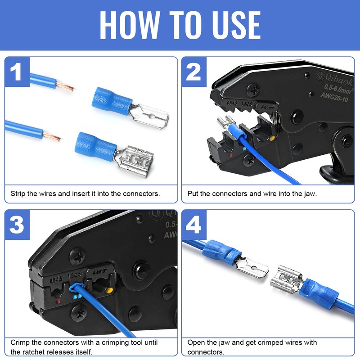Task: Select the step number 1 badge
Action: (17, 72)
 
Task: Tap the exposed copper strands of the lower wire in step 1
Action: (52, 135)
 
